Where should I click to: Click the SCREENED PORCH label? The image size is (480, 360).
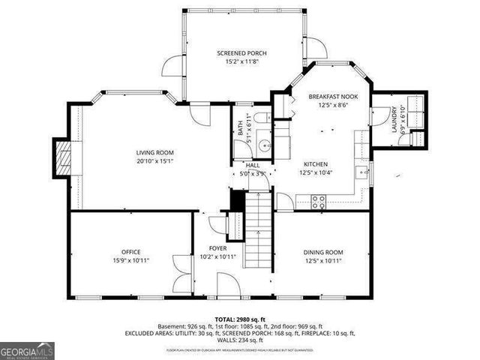(241, 53)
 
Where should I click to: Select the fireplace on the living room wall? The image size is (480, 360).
(63, 157)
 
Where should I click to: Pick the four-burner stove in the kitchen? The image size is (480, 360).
(318, 199)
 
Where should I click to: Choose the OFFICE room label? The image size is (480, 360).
(131, 252)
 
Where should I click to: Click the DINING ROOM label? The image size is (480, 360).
(322, 252)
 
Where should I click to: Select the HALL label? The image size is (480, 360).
(243, 165)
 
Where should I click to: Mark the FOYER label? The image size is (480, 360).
(217, 248)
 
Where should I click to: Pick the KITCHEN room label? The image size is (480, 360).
(316, 164)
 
